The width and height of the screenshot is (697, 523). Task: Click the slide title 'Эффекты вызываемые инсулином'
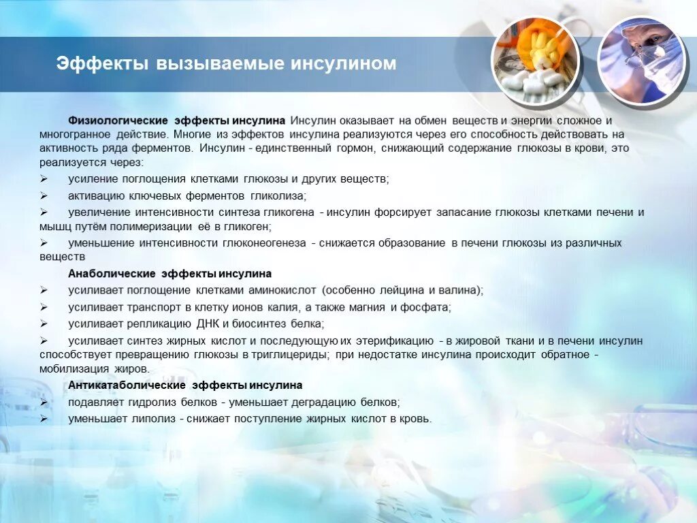[226, 64]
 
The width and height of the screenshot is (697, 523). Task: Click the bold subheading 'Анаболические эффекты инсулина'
[169, 274]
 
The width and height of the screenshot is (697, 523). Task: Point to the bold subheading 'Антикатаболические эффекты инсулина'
[185, 385]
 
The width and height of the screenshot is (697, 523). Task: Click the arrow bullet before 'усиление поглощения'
[43, 179]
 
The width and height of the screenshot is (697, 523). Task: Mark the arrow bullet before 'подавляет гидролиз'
[43, 402]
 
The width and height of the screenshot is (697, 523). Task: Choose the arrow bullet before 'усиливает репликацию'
[43, 323]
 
